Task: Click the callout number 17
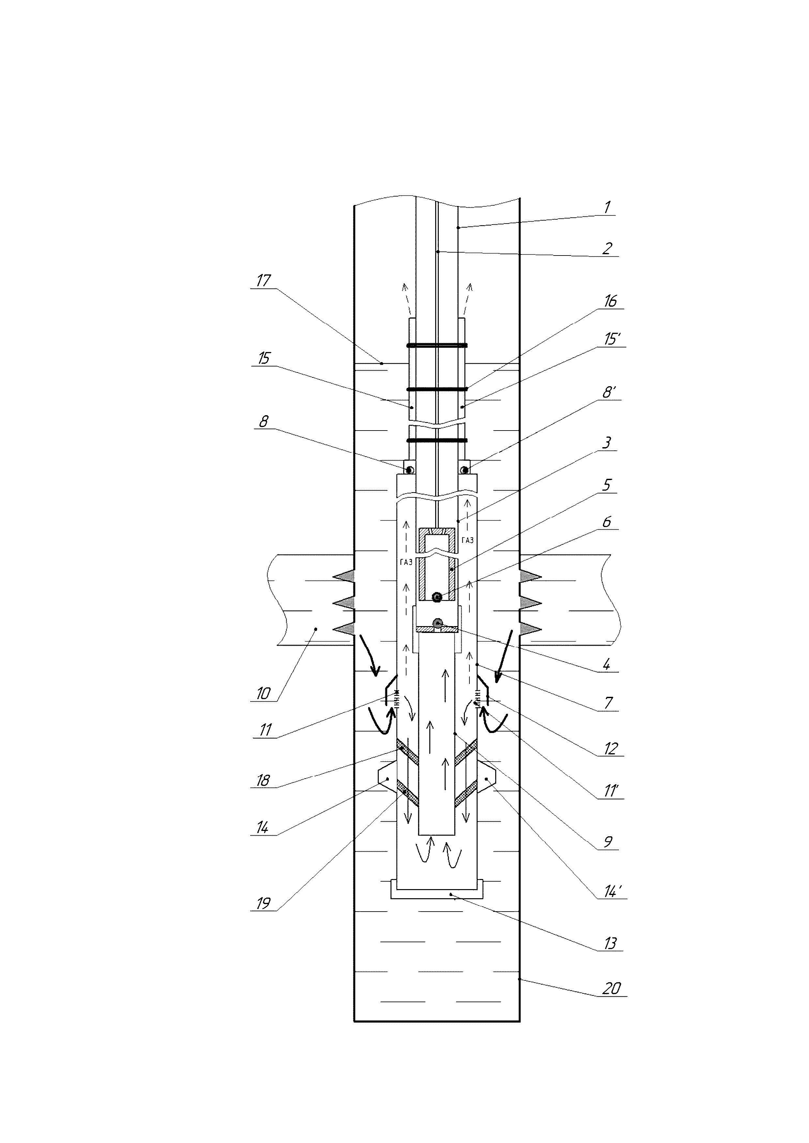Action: pyautogui.click(x=263, y=281)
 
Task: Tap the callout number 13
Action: pyautogui.click(x=610, y=943)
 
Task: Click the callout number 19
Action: pyautogui.click(x=263, y=903)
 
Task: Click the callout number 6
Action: pyautogui.click(x=607, y=522)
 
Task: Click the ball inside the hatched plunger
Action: pyautogui.click(x=437, y=596)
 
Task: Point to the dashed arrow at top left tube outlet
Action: pyautogui.click(x=406, y=299)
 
